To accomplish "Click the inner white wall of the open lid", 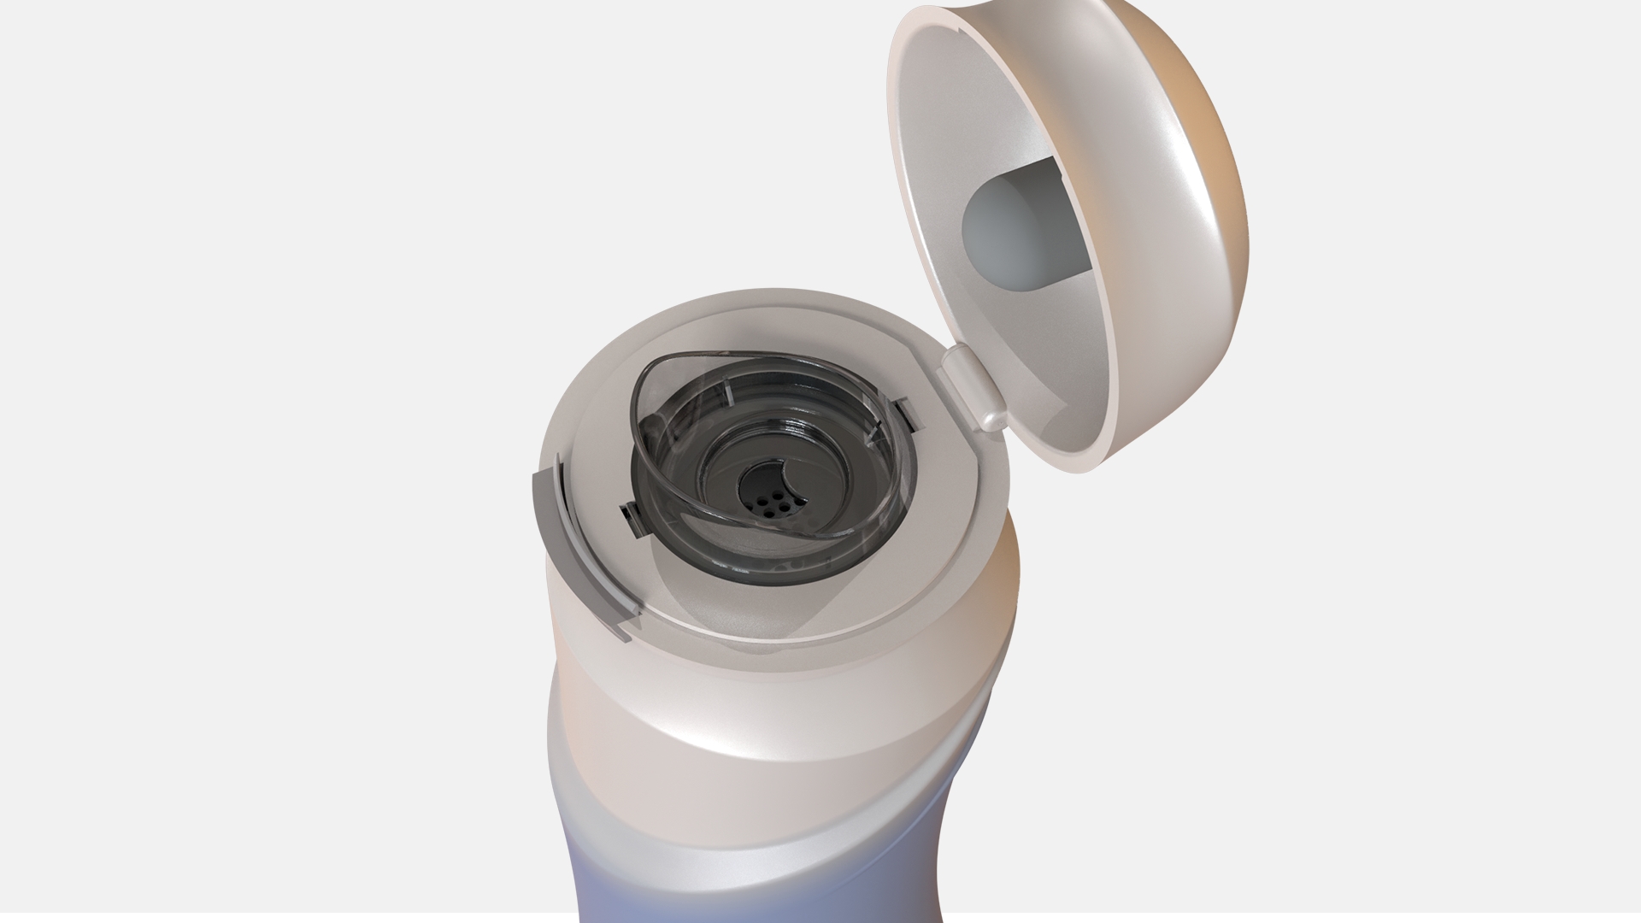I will tap(940, 128).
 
